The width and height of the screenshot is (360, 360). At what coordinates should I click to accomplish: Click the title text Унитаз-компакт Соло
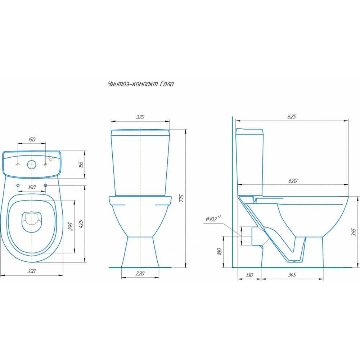(140, 84)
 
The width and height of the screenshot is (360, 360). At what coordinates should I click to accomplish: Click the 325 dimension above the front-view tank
(140, 117)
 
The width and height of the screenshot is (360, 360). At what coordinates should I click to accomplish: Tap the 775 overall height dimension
(181, 198)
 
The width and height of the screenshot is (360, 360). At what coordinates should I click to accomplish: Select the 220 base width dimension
(140, 273)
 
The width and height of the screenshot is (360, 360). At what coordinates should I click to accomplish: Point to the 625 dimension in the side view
(292, 117)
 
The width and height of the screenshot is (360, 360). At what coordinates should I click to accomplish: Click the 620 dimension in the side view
(293, 181)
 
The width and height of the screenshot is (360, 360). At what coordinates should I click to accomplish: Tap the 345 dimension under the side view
(292, 275)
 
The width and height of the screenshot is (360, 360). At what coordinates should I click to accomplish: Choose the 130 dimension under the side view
(249, 275)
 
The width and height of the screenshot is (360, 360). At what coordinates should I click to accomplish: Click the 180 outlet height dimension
(220, 251)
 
